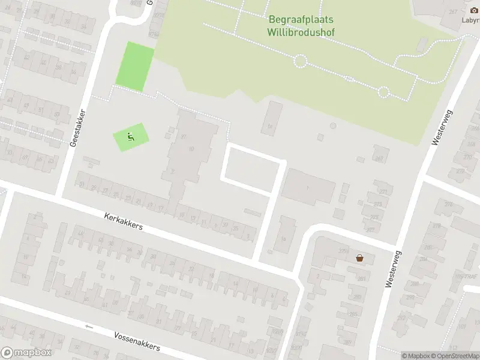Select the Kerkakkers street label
[x=124, y=221]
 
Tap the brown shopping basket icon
[x=359, y=258]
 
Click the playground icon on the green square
[x=130, y=137]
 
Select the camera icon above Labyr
[x=473, y=10]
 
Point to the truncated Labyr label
[x=470, y=19]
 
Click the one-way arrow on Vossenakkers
[x=89, y=326]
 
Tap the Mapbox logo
[x=26, y=353]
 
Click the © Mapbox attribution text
[x=415, y=356]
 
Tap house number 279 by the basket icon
[x=343, y=251]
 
